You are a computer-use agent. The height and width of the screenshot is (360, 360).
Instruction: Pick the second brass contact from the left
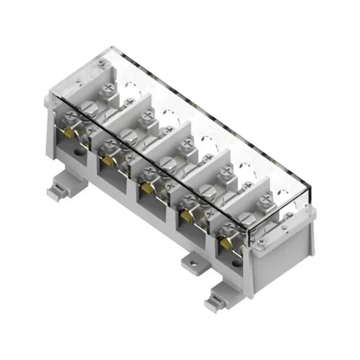tap(109, 159)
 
